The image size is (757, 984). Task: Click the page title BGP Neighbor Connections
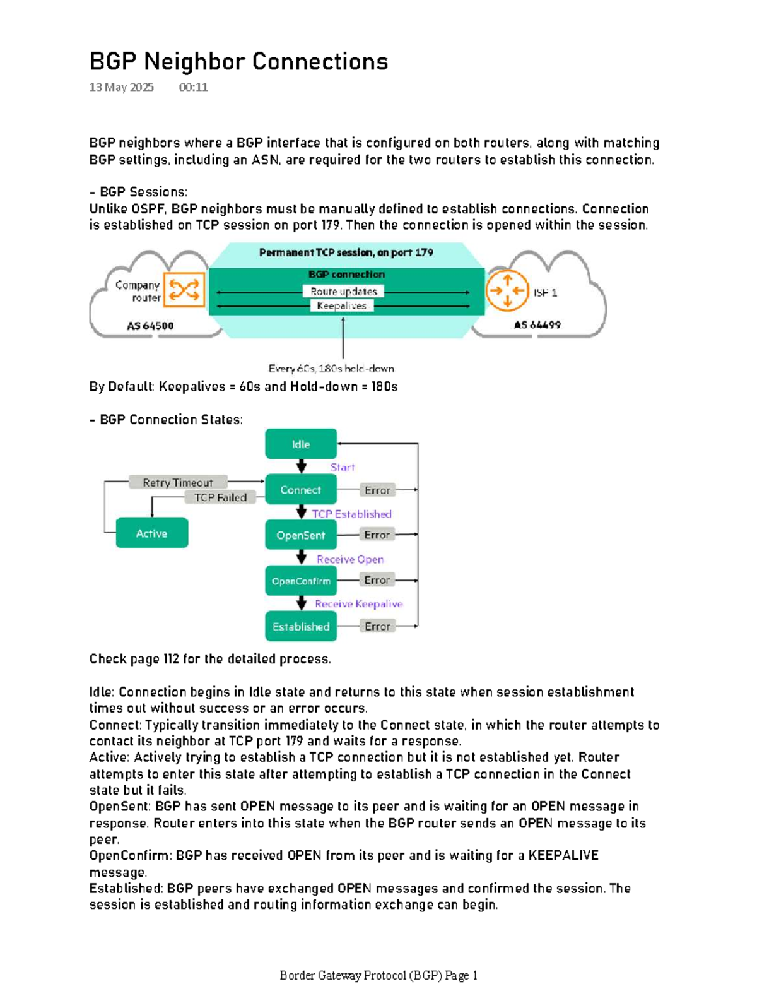(x=238, y=62)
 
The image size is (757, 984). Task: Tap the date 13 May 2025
(x=121, y=87)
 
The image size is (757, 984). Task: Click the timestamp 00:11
(x=193, y=87)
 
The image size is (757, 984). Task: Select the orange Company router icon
(x=184, y=290)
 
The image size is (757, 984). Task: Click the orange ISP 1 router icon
(x=507, y=290)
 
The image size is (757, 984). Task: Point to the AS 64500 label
(x=150, y=326)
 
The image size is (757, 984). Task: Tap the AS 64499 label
(x=537, y=324)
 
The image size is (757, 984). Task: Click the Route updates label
(x=343, y=291)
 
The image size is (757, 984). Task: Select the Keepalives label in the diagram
(x=341, y=305)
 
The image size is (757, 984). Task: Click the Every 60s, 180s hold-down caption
(x=331, y=368)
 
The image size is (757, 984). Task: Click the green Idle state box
(x=301, y=444)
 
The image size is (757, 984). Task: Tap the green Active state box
(x=151, y=533)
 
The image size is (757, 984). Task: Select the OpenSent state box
(x=301, y=535)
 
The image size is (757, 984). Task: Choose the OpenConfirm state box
(x=301, y=581)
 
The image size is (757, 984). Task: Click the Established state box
(x=301, y=626)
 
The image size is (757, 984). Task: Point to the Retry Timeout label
(x=177, y=482)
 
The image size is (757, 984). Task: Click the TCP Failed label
(x=220, y=497)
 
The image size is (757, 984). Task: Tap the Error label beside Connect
(x=377, y=490)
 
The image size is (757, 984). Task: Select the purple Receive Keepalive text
(x=358, y=603)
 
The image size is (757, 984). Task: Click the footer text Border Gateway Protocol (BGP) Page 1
(x=378, y=975)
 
